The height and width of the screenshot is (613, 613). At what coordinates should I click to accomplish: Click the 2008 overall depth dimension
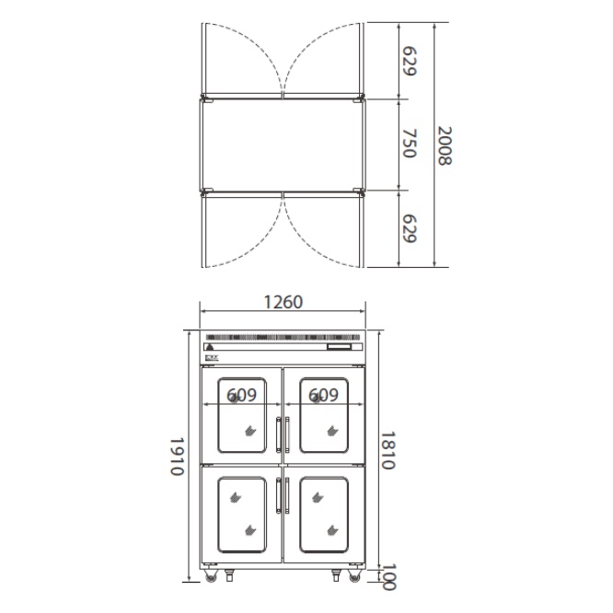point(445,145)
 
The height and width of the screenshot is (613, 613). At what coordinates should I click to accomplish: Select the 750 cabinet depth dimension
point(410,143)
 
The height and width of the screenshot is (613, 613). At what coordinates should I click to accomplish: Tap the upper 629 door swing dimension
point(410,61)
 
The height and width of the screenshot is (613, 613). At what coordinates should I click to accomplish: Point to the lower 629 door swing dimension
point(410,228)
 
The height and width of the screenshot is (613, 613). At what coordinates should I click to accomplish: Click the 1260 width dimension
point(283,302)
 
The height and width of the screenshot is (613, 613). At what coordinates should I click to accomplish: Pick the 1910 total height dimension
point(177,456)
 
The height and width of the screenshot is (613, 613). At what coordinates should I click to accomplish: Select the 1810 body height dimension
point(388,450)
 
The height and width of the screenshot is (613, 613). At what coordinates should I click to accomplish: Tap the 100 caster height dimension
point(388,576)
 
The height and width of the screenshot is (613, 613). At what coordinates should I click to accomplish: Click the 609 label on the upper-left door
point(241,395)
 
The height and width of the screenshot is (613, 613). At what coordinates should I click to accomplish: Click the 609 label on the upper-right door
point(323,395)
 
